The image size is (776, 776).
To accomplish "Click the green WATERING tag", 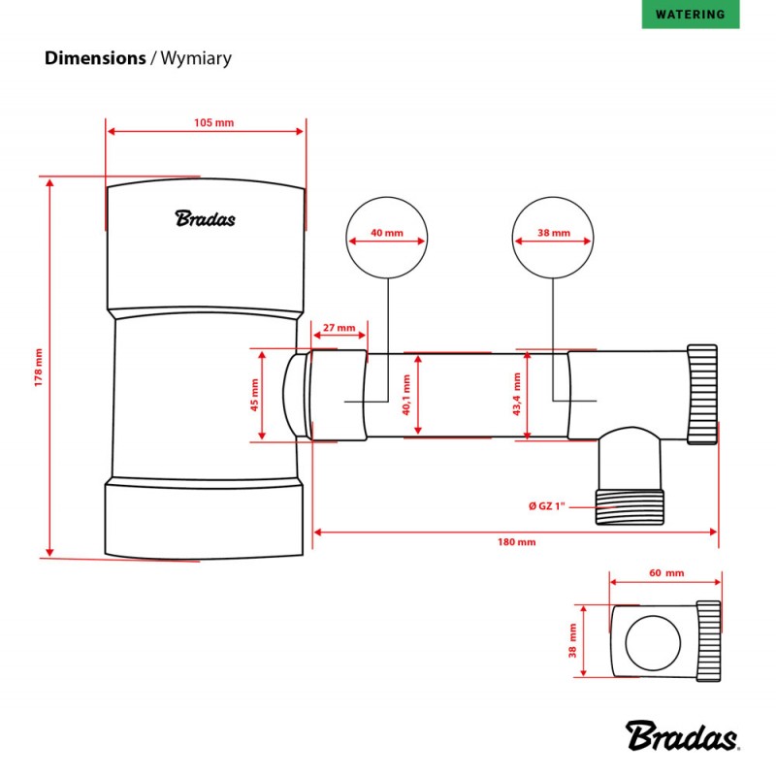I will pyautogui.click(x=690, y=15).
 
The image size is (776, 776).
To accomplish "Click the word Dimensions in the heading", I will pyautogui.click(x=94, y=58).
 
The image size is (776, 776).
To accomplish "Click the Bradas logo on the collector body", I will pyautogui.click(x=205, y=218).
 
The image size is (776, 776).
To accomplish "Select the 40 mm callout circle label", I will pyautogui.click(x=387, y=234).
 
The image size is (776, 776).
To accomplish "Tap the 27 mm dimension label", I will pyautogui.click(x=339, y=327).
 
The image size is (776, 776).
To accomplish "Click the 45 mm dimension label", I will pyautogui.click(x=255, y=396).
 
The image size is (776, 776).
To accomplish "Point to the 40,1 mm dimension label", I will pyautogui.click(x=407, y=395).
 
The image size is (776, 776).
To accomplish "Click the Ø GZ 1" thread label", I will pyautogui.click(x=553, y=505).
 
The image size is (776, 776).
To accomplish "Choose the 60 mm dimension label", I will pyautogui.click(x=663, y=573).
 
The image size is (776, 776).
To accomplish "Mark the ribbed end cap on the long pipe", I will pyautogui.click(x=702, y=391).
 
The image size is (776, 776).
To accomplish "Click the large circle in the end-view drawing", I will pyautogui.click(x=653, y=640).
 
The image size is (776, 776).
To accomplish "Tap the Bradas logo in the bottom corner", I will pyautogui.click(x=682, y=736).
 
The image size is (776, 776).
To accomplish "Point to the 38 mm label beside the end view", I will pyautogui.click(x=572, y=640).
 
